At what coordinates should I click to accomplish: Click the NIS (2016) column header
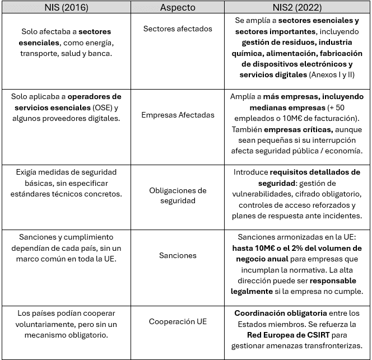point(66,8)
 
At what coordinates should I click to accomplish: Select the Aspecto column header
point(178,8)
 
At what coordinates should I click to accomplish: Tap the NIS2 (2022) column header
point(297,8)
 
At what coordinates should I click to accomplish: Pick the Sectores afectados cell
point(178,28)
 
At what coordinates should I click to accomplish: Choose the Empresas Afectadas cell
point(178,115)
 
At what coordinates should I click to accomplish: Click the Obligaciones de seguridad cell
point(178,195)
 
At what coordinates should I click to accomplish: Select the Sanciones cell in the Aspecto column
point(178,255)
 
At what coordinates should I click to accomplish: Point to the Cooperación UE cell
point(178,322)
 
